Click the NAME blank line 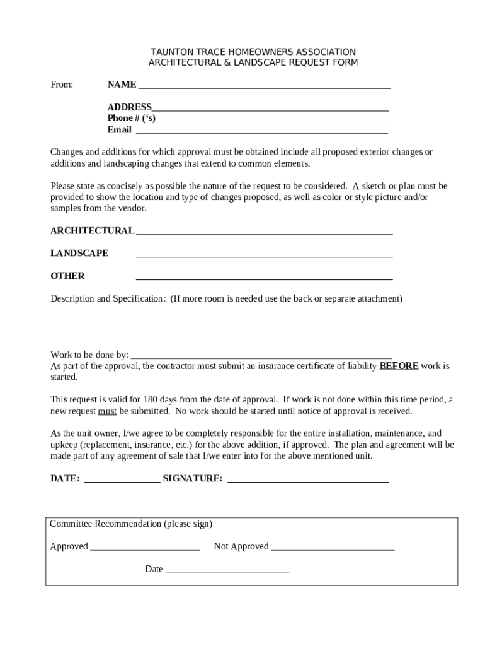tap(264, 87)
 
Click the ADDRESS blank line tap(270, 110)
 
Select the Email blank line tap(261, 133)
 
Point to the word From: tap(62, 85)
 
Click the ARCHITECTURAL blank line tap(264, 233)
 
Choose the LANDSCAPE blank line tap(264, 257)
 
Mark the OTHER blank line tap(264, 279)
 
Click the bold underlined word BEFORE tap(399, 366)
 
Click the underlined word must tap(107, 411)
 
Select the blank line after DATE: tap(122, 481)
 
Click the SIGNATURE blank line tap(308, 481)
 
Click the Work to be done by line tap(261, 358)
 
